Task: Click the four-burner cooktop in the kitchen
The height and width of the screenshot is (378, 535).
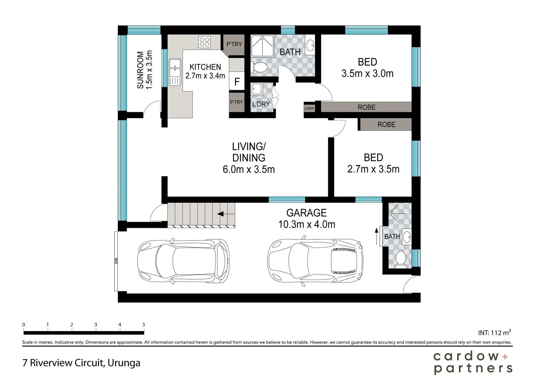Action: (205, 42)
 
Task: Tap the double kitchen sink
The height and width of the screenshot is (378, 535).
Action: (175, 72)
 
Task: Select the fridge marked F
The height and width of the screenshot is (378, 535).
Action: (237, 81)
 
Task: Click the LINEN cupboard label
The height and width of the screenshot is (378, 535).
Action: (309, 108)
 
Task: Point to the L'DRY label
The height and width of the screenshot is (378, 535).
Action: (261, 104)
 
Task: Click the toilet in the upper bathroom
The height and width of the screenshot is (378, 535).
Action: (259, 67)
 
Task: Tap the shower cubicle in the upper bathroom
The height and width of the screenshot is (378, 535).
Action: (262, 46)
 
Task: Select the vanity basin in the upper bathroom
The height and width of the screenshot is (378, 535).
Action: (310, 45)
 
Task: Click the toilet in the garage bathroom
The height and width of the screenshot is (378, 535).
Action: (401, 259)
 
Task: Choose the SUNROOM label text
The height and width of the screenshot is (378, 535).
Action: (140, 70)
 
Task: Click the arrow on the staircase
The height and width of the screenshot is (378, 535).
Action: (226, 214)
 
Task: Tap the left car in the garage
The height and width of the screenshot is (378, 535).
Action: (184, 261)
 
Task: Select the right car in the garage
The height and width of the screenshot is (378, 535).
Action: (315, 261)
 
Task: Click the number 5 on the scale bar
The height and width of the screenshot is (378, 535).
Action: (144, 325)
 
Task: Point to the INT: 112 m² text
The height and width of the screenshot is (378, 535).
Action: (495, 332)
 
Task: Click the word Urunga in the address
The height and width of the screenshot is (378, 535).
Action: (124, 363)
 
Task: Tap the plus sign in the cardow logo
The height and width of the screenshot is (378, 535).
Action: (505, 357)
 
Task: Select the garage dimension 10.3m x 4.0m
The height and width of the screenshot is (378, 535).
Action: (307, 224)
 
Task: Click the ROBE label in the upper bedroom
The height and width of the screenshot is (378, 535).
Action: (367, 107)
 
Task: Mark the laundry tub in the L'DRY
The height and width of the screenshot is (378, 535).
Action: (257, 89)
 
